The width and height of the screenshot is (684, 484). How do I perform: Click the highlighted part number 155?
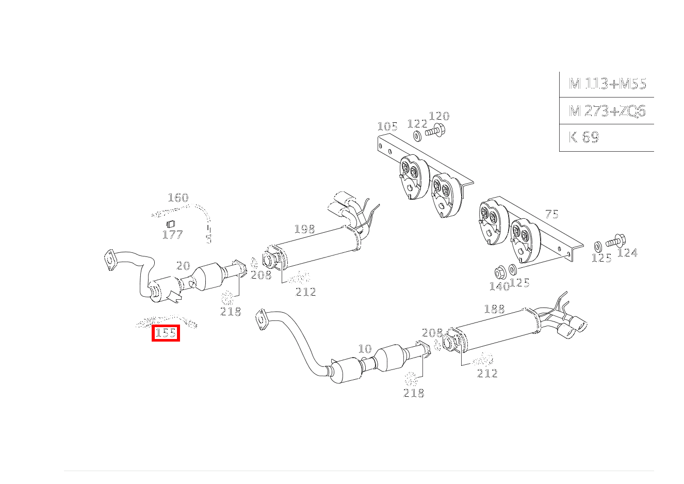click(166, 333)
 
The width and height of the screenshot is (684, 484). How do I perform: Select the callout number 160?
click(178, 198)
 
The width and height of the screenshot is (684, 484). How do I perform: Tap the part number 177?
click(172, 235)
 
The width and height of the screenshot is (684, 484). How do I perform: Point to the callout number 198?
click(304, 229)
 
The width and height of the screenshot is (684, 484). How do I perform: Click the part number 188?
click(494, 309)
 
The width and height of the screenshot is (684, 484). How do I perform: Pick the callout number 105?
click(387, 126)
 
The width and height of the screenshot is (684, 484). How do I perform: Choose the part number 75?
click(552, 214)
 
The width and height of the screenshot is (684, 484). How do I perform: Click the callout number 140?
click(499, 286)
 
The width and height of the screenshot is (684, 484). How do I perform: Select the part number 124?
click(627, 253)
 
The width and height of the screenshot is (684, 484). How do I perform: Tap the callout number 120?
click(439, 116)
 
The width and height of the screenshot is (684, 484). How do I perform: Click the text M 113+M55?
click(608, 84)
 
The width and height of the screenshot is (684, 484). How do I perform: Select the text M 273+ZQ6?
click(607, 111)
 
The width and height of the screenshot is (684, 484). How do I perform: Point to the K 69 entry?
click(584, 137)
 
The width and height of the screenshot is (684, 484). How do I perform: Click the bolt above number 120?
click(435, 131)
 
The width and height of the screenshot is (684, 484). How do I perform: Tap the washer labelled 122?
click(417, 136)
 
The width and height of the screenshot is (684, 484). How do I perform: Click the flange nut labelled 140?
click(499, 272)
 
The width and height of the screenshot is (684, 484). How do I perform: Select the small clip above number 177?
click(171, 224)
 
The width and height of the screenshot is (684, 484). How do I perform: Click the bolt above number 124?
click(615, 241)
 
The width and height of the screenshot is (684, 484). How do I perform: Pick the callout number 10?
click(365, 349)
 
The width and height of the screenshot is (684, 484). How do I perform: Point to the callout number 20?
click(183, 266)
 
